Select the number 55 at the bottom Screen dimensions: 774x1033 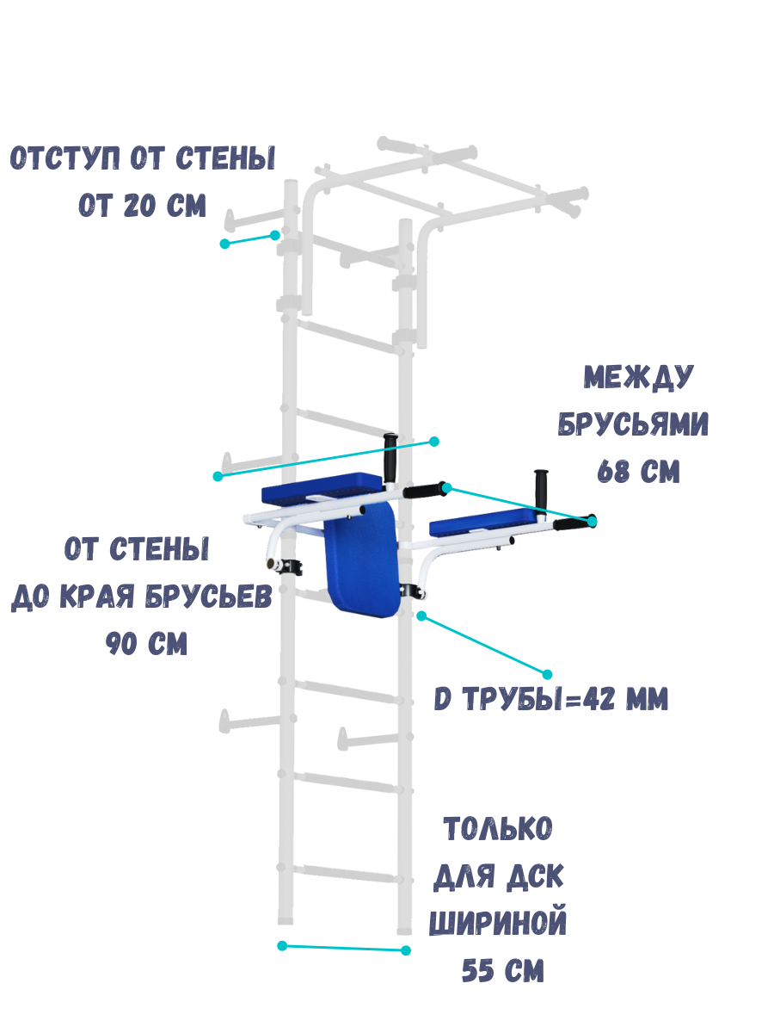pos(479,972)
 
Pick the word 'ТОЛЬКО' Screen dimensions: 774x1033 pos(498,831)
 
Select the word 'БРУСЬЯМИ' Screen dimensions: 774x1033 pos(634,424)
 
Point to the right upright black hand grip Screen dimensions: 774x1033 pos(542,489)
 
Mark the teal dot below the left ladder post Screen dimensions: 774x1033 pos(282,946)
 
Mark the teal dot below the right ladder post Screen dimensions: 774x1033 pos(407,950)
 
